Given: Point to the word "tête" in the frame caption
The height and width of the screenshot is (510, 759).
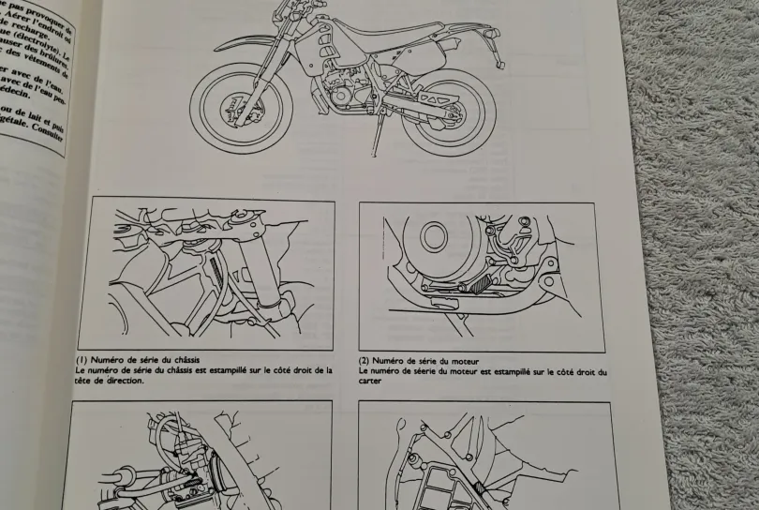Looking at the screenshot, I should pos(84,380).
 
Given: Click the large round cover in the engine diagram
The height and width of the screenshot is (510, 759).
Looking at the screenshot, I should pos(434,236).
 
